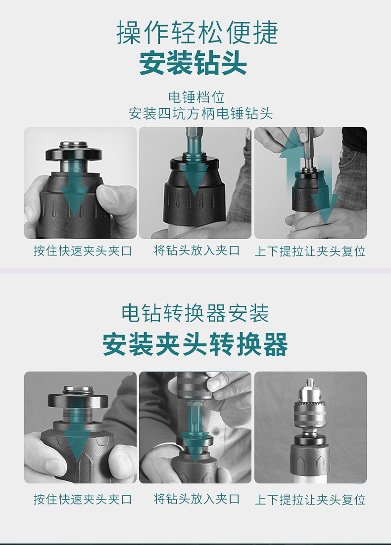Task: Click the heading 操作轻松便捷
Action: coord(197,32)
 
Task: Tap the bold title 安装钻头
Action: coord(193,63)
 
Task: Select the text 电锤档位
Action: coord(196,97)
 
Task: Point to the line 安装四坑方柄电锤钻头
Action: coord(200,114)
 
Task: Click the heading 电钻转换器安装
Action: coord(195,313)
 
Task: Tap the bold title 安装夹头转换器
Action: coord(195,344)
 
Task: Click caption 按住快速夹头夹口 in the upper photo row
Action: coord(83,251)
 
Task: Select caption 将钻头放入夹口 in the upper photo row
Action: coord(196,250)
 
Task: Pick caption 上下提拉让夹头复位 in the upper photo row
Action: coord(310,251)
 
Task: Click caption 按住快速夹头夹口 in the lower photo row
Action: coord(83,499)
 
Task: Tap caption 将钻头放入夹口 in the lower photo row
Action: coord(196,499)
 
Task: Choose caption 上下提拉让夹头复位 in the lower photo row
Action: coord(310,500)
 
